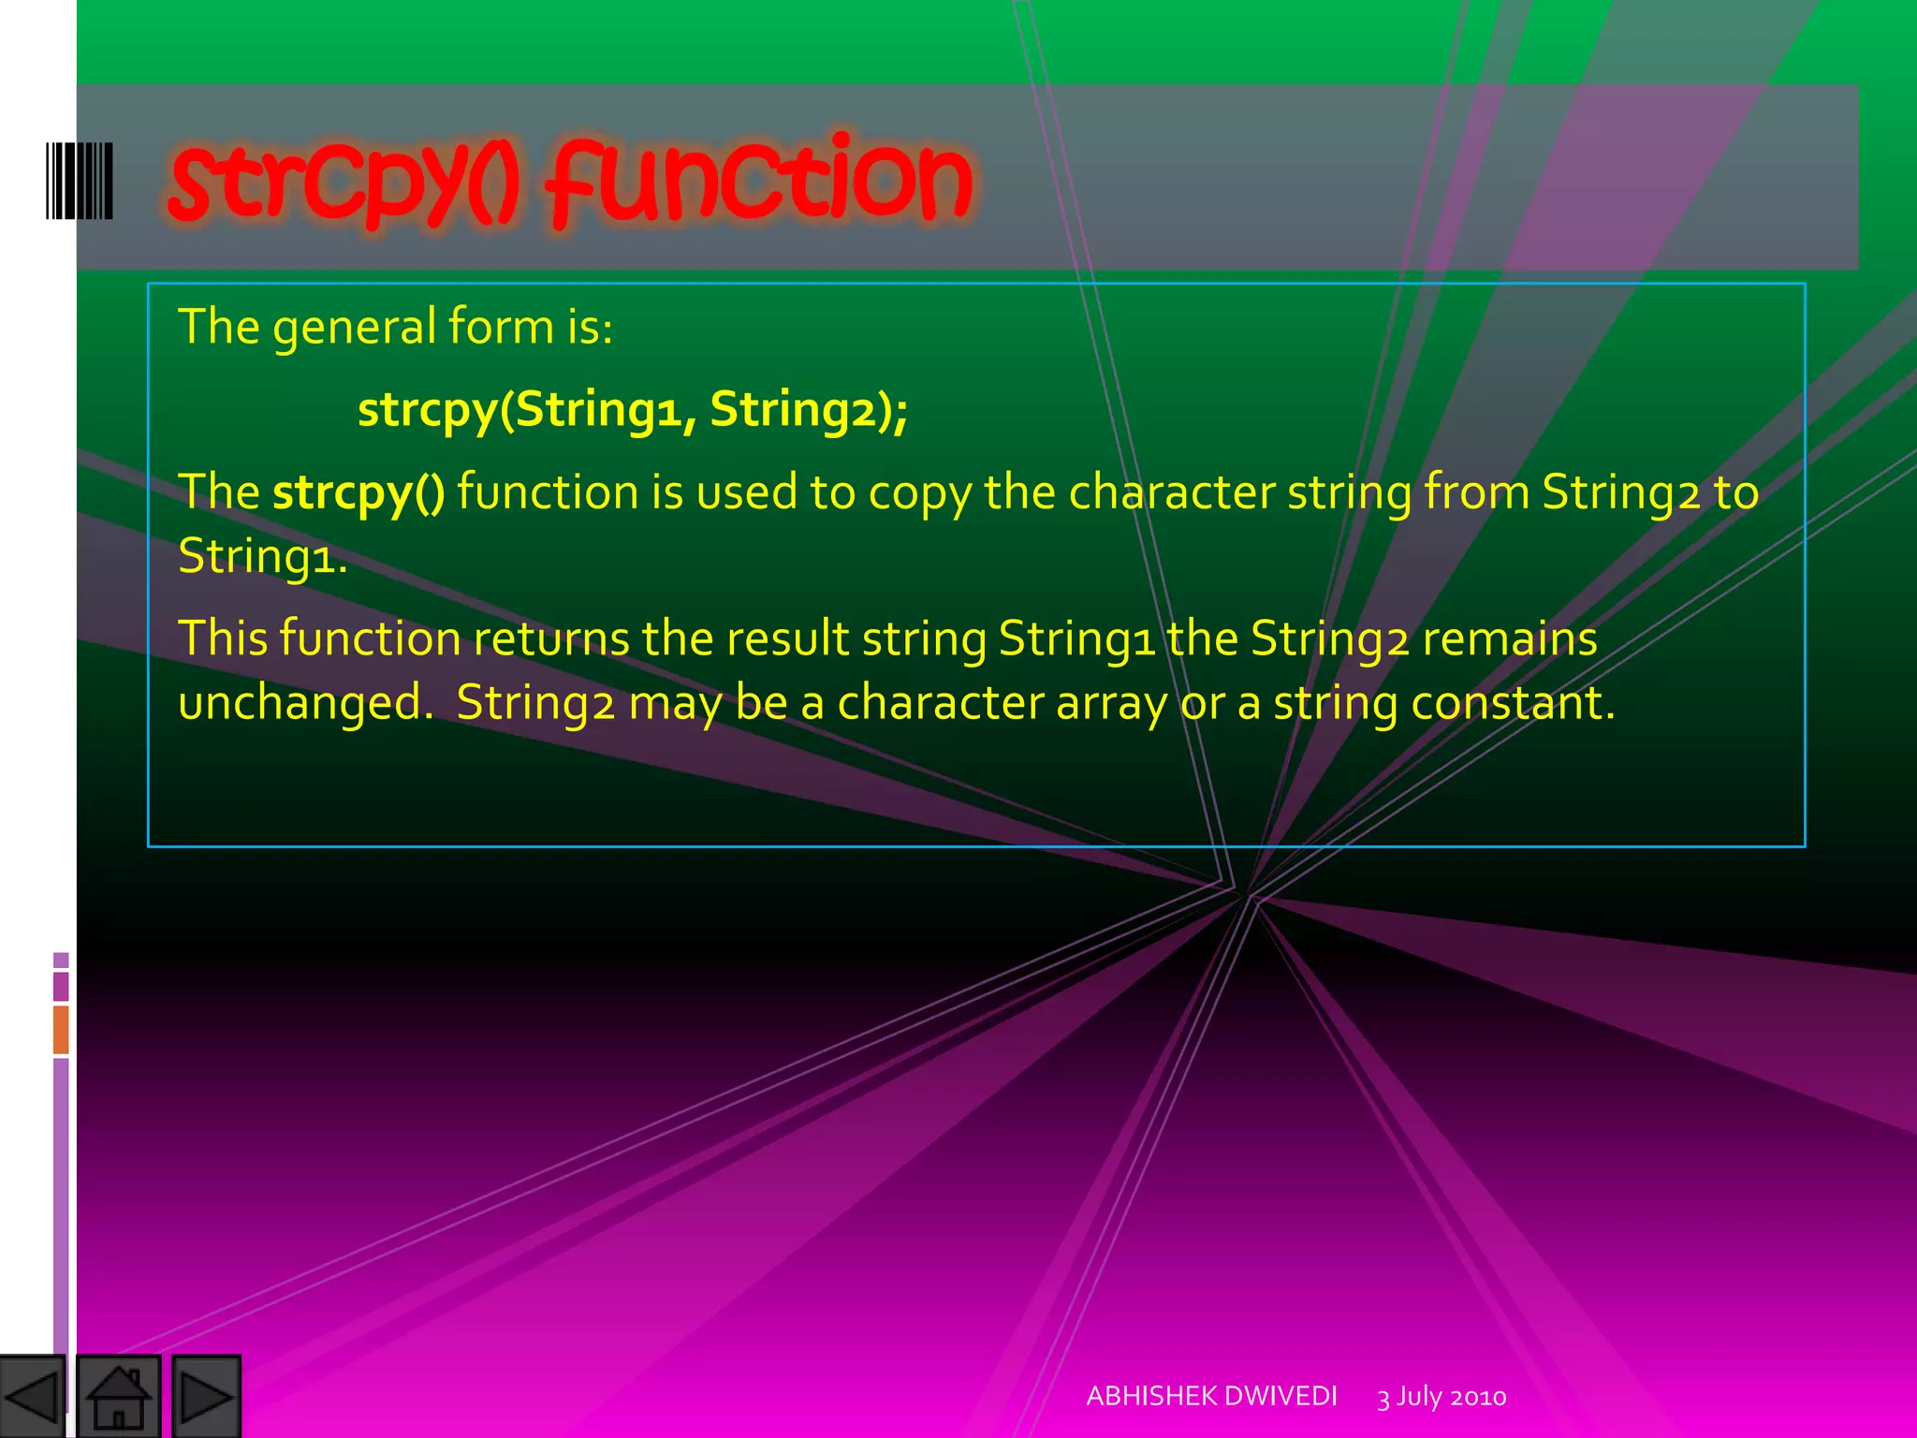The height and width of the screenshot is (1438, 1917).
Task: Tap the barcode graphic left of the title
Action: [80, 181]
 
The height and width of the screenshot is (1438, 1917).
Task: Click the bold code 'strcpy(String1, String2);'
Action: [633, 410]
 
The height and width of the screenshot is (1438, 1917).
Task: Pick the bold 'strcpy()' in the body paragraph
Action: [359, 492]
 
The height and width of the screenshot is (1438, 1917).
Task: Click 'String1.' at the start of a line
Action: [262, 556]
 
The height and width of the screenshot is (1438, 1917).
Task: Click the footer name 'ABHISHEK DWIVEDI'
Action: [1211, 1396]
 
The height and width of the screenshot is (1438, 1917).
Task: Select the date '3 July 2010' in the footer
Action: [1441, 1397]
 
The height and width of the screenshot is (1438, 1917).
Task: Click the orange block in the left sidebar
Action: [61, 1029]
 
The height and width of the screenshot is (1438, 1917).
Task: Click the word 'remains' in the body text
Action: [1509, 639]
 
